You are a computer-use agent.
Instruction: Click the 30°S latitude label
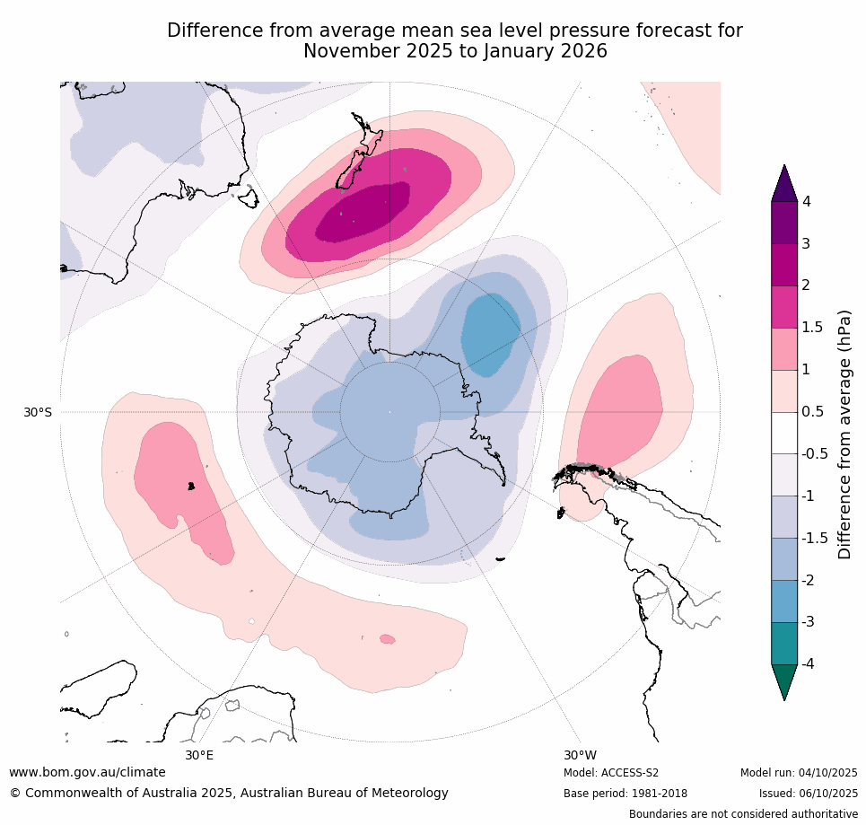pyautogui.click(x=37, y=412)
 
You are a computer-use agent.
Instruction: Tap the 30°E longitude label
pyautogui.click(x=199, y=755)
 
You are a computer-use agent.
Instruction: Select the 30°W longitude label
pyautogui.click(x=580, y=755)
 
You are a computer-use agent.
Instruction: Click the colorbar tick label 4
pyautogui.click(x=805, y=202)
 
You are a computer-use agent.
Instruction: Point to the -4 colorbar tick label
pyautogui.click(x=809, y=663)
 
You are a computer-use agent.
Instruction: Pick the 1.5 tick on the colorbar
pyautogui.click(x=811, y=328)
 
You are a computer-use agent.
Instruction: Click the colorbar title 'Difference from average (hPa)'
pyautogui.click(x=844, y=434)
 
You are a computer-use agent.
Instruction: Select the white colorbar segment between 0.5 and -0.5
pyautogui.click(x=785, y=433)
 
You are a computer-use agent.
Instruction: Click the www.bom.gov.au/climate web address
pyautogui.click(x=87, y=772)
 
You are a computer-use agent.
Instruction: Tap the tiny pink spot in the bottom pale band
pyautogui.click(x=387, y=639)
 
